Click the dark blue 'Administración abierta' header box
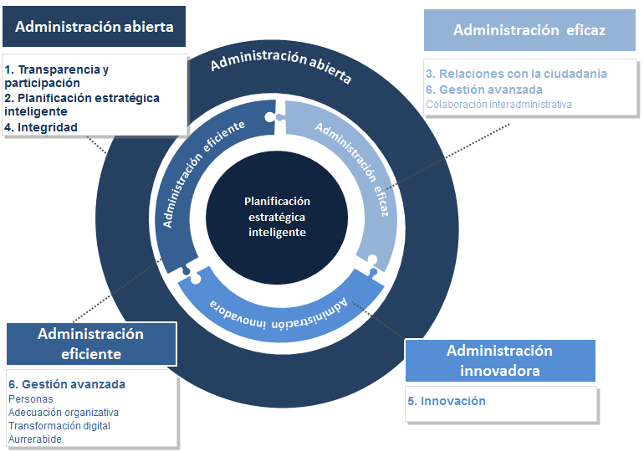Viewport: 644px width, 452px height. coord(94,27)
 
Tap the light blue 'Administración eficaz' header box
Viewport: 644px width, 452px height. coord(529,30)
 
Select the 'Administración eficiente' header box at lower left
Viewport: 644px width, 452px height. coord(91,343)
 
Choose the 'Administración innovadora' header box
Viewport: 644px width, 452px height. coord(499,360)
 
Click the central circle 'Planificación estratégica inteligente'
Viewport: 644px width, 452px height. coord(277,217)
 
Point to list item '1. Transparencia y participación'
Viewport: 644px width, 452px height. coord(56,76)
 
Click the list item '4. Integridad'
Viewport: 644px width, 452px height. coord(41,127)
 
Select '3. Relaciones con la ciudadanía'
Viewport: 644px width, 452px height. coord(516,74)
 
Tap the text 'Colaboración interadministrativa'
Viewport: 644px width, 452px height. coord(498,105)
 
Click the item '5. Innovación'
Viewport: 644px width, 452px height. coord(447,401)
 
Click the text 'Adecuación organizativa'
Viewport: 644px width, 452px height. coord(64,413)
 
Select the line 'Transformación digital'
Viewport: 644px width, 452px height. coord(59,426)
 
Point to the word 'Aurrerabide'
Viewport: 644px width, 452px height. coord(35,439)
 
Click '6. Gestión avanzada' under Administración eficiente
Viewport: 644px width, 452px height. coord(67,384)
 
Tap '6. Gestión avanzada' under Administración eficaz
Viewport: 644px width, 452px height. coord(484,90)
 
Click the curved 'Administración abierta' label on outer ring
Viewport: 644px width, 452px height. coord(280,68)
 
